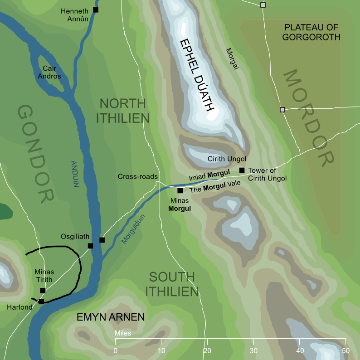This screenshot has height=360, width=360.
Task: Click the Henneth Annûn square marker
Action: click(96, 10)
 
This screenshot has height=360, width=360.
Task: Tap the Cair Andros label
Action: click(52, 72)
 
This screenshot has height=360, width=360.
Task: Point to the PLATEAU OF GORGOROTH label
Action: click(311, 32)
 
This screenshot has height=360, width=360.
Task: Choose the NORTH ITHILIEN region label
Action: click(122, 111)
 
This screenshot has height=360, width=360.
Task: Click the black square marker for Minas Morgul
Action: click(180, 191)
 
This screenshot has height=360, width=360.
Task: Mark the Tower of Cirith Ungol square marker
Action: click(242, 170)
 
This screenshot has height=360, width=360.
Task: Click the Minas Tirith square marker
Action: click(43, 291)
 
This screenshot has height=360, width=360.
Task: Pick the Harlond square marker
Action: click(41, 302)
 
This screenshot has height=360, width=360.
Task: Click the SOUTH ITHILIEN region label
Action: click(172, 284)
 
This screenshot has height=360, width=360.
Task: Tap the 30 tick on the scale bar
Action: click(253, 350)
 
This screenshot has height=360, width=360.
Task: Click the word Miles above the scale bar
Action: click(123, 333)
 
